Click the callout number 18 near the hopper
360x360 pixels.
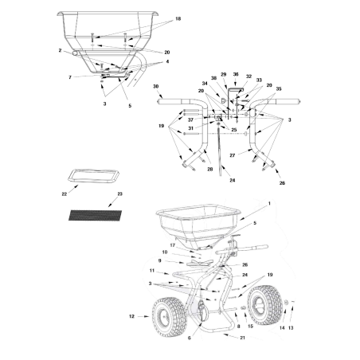click(178, 18)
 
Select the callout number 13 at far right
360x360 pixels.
click(290, 326)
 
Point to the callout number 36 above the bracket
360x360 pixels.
click(235, 73)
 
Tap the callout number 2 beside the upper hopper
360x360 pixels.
click(60, 50)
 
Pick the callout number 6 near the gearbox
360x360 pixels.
click(188, 338)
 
